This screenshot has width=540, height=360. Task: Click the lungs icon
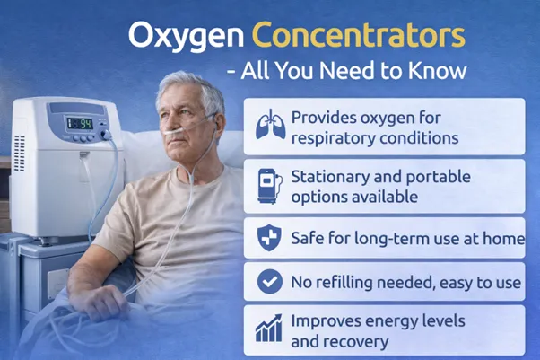tap(269, 124)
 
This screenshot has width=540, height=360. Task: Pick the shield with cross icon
tap(269, 237)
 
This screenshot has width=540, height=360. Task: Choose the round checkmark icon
tap(269, 282)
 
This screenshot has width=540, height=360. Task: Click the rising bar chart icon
tap(269, 329)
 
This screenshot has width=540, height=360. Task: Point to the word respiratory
tap(334, 137)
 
